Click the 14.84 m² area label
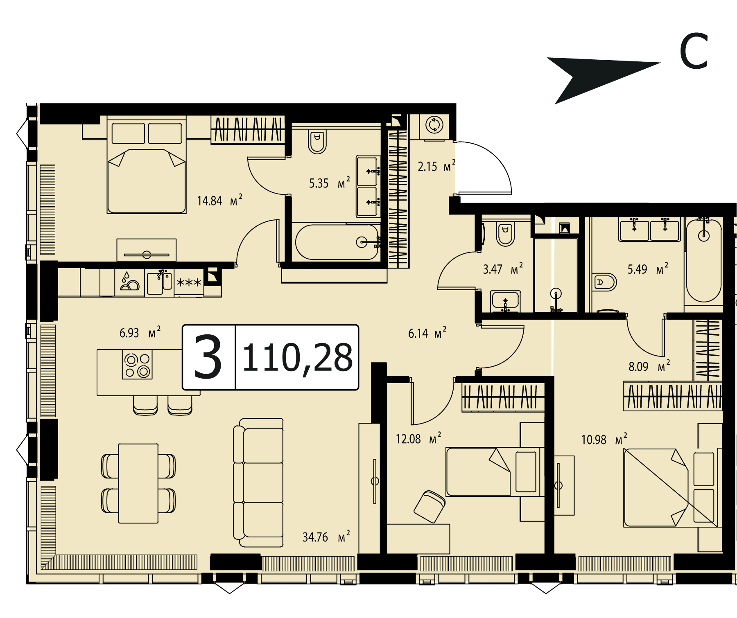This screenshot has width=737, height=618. [220, 201]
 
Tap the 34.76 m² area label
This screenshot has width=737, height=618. [326, 536]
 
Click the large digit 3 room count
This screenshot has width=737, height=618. [208, 356]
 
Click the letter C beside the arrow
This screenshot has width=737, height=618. [694, 52]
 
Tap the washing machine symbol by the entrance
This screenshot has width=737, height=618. [434, 125]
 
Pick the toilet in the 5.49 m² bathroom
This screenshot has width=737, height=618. [605, 282]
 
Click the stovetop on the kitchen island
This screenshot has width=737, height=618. [137, 365]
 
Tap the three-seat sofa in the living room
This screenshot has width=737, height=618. [258, 483]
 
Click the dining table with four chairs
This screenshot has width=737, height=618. [138, 483]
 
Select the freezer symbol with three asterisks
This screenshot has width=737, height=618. [189, 282]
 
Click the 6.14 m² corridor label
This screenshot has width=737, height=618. [427, 333]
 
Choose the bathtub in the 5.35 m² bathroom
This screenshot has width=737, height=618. [337, 242]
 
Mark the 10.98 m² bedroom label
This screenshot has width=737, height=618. [604, 440]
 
